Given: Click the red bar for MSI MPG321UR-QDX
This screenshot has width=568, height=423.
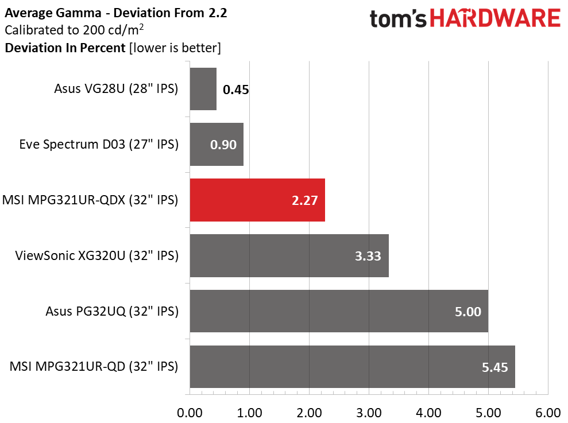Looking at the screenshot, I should point(257,200).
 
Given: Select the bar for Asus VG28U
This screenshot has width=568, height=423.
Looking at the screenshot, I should point(203,89).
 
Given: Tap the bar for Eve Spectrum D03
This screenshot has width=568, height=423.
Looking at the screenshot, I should point(216,144).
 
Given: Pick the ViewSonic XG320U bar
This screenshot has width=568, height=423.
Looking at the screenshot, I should point(289,255).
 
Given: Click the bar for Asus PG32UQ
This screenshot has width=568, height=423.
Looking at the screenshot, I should point(339,311).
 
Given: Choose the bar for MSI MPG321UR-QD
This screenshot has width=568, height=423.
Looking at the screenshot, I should point(352,367).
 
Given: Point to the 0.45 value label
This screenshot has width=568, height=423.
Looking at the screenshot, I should point(235,90).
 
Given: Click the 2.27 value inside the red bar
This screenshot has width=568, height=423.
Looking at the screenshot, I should point(304,200).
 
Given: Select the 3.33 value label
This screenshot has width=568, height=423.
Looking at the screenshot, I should point(368,256).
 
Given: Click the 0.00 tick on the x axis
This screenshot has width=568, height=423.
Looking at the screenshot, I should point(190,413).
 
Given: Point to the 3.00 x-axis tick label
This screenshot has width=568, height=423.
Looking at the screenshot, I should point(369,413).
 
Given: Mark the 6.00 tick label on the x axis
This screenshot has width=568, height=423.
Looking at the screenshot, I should point(548,413).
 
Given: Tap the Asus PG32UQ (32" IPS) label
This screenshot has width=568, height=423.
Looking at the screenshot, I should point(112,311).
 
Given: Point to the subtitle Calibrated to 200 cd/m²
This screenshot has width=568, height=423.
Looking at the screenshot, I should point(74,30).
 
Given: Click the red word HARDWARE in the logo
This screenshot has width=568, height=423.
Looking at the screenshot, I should point(496,19).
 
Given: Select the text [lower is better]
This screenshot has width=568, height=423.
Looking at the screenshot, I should point(175,48).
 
